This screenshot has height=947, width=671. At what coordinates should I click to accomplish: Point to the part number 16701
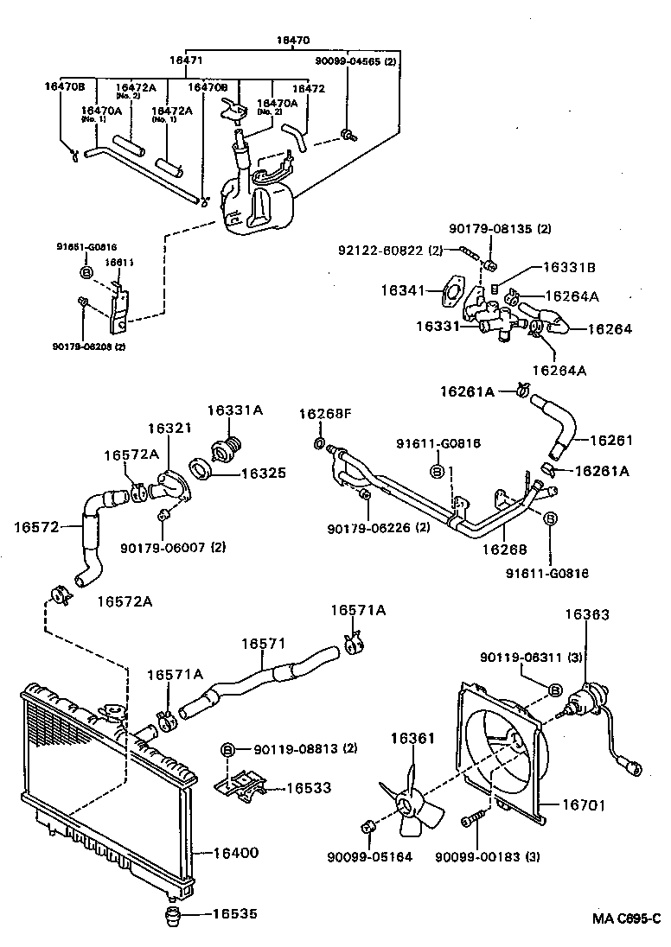click(x=584, y=805)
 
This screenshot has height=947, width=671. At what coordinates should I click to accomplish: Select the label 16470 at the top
click(x=293, y=40)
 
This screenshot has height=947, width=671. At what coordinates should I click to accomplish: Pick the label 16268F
click(x=325, y=414)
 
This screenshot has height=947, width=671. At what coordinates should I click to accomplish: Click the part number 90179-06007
click(x=163, y=547)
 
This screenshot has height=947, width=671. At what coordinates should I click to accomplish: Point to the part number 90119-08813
click(x=297, y=748)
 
